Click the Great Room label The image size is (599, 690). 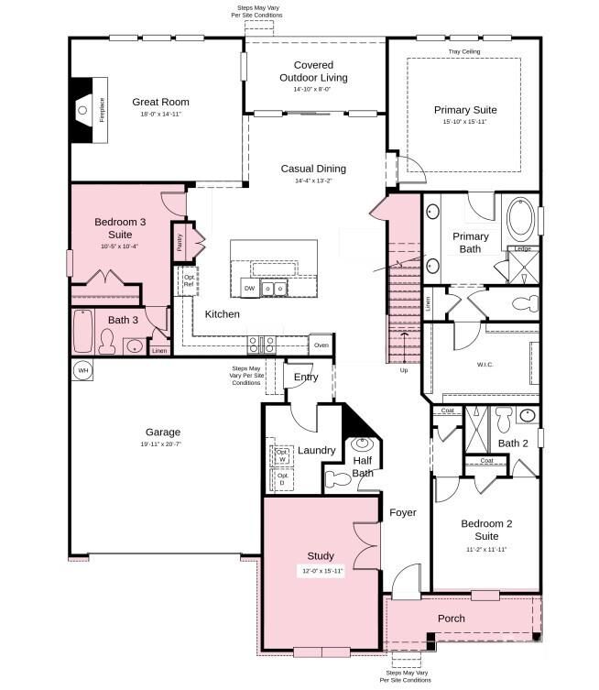click(160, 103)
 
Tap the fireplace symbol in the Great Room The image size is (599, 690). click(88, 111)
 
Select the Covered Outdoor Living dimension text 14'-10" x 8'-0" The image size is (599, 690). click(312, 90)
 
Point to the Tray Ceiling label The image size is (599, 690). click(463, 52)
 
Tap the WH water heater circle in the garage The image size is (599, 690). click(82, 370)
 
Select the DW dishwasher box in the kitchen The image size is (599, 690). click(249, 289)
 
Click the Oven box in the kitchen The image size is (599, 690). click(321, 345)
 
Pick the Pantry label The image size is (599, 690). click(180, 243)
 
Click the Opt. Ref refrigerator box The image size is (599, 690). click(189, 280)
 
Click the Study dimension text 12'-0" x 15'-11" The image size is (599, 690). click(321, 571)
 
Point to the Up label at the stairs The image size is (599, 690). click(404, 370)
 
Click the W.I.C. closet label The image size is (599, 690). click(485, 365)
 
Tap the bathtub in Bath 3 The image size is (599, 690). click(82, 331)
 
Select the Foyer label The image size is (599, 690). click(402, 512)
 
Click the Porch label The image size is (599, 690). click(451, 619)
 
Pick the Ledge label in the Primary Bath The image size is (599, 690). click(522, 249)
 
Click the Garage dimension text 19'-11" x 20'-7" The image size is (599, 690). click(162, 444)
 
